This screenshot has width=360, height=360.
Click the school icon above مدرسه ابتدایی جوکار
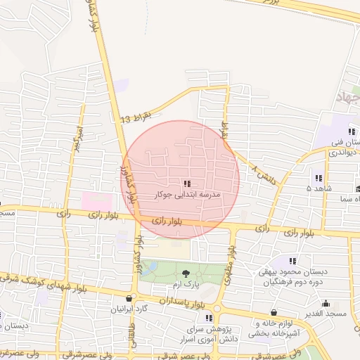point(186,183)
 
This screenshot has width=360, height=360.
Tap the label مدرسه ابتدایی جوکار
point(186,193)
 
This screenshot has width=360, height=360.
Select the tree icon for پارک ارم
point(186,273)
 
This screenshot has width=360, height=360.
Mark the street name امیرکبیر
point(75,140)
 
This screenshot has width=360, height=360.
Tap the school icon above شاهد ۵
point(318,178)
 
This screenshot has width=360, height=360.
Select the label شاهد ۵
point(318,188)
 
